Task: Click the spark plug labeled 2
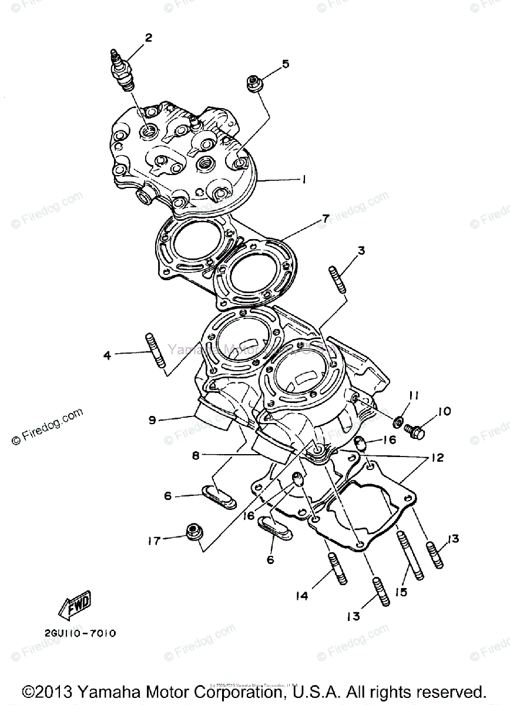pos(121,70)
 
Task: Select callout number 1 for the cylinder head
pos(303,180)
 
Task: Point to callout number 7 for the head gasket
pos(325,219)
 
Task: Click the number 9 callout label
pos(152,420)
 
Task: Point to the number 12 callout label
pos(436,458)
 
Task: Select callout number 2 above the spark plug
pos(149,38)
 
